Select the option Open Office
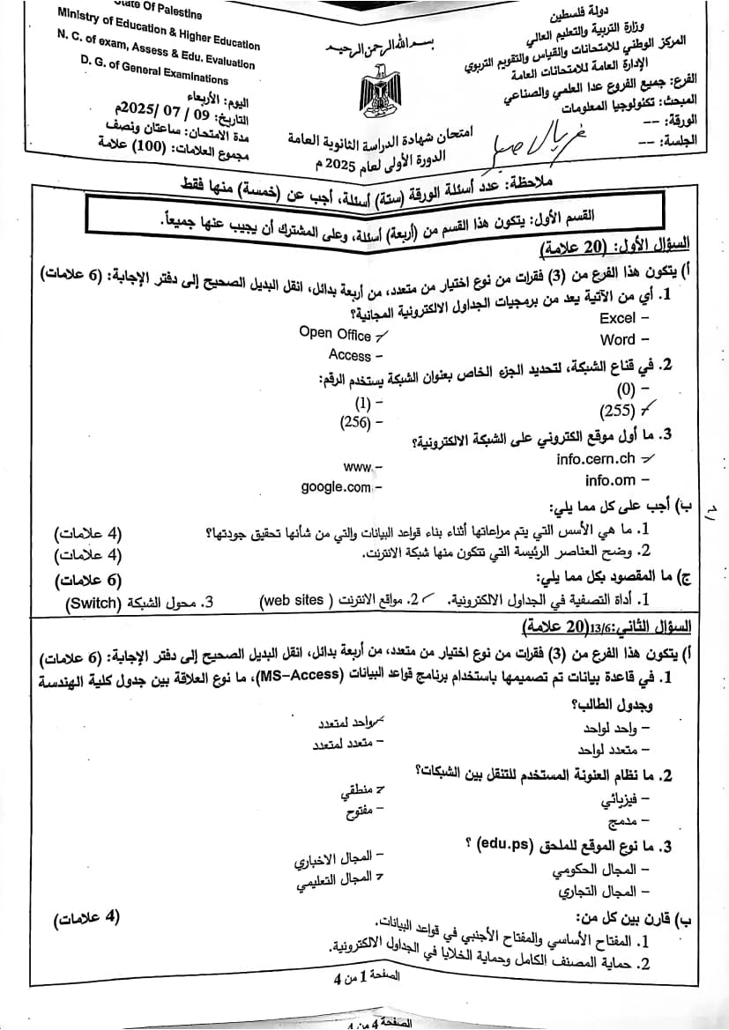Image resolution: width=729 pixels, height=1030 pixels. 335,333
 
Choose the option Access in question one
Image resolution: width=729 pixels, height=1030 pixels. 350,355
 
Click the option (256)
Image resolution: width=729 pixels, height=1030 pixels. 356,422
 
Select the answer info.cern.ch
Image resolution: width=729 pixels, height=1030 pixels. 596,459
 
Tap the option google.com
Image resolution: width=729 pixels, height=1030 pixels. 336,487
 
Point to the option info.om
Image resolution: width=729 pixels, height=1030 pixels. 610,480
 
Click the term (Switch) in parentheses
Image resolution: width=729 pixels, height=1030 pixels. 93,604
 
